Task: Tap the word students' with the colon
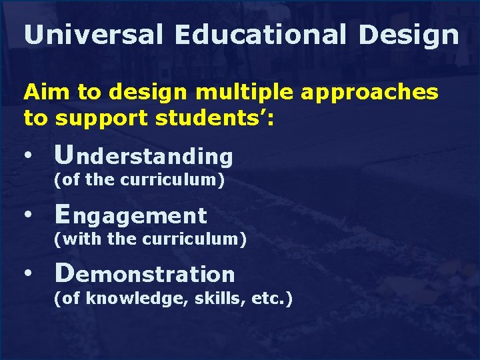pos(213,118)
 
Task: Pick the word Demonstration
pos(145,273)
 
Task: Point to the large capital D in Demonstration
pos(65,272)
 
